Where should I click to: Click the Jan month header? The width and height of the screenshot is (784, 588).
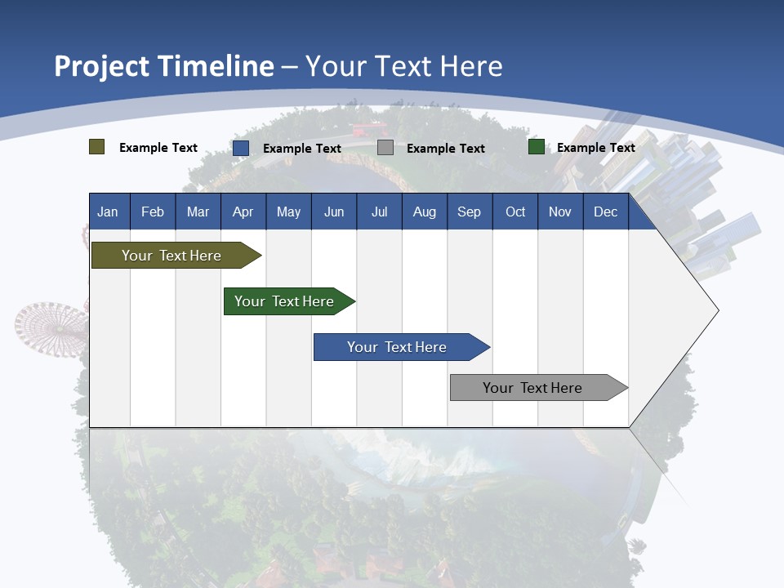pos(108,212)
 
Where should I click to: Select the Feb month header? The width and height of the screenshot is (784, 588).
pos(153,212)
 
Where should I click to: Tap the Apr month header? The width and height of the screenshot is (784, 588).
pos(243,212)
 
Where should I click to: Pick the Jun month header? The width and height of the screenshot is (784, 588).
pos(334,212)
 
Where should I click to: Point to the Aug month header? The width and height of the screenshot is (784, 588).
pos(425,212)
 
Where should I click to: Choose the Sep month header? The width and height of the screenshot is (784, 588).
pos(470,212)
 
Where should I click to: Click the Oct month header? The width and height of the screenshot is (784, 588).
pos(515,212)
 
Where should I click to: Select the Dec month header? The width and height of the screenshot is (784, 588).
pos(606,212)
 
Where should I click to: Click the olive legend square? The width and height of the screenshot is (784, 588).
pos(97,147)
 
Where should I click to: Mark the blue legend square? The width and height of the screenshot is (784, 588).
pos(241,148)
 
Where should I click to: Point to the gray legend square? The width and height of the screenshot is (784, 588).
pos(385,148)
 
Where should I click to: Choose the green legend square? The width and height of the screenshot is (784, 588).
pos(537,147)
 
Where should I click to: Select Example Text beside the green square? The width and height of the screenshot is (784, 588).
pos(595,148)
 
